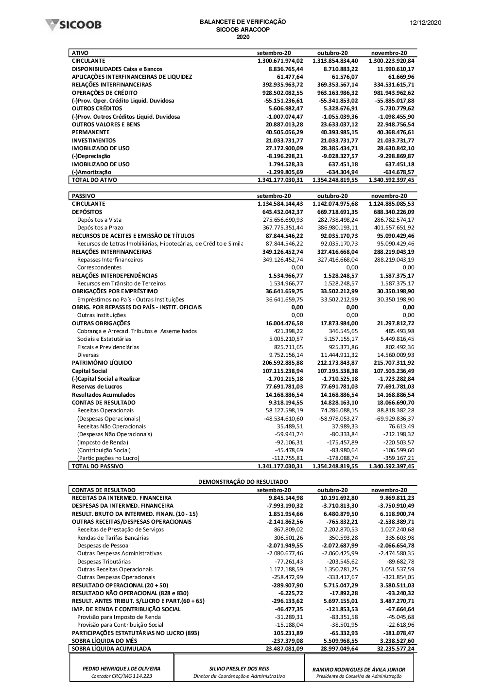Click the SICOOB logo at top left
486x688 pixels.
tap(73, 25)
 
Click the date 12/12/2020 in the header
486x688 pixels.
tap(426, 23)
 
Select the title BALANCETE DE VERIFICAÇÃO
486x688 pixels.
tap(243, 22)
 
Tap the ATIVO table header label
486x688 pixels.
tap(80, 53)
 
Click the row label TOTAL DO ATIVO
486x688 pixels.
tap(94, 180)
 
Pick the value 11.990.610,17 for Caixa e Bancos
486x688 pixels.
tap(393, 69)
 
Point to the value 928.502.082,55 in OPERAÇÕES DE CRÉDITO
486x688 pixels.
tap(280, 93)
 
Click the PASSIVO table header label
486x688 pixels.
tap(83, 196)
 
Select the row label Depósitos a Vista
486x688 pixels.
tap(99, 220)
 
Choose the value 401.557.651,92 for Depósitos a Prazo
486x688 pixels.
tap(393, 228)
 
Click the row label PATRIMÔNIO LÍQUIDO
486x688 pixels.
tap(102, 363)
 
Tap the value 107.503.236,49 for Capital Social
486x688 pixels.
tap(393, 371)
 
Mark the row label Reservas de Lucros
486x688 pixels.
tap(97, 387)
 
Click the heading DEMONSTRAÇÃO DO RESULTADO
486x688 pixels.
tap(243, 482)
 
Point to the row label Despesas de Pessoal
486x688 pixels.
tap(104, 546)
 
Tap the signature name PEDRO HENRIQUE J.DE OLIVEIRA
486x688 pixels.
tap(121, 669)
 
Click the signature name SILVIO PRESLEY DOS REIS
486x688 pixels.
tap(239, 669)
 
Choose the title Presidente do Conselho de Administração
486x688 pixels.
tap(359, 676)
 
